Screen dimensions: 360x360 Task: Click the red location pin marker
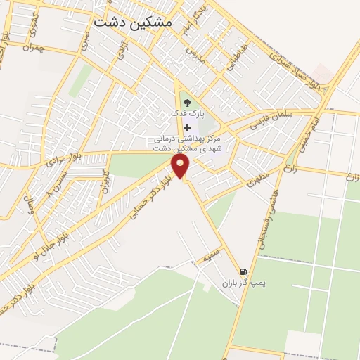point(181,166)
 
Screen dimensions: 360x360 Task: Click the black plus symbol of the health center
point(186,127)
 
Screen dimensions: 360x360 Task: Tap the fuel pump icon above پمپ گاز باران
point(243,272)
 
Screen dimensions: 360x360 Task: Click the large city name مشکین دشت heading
point(132,22)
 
